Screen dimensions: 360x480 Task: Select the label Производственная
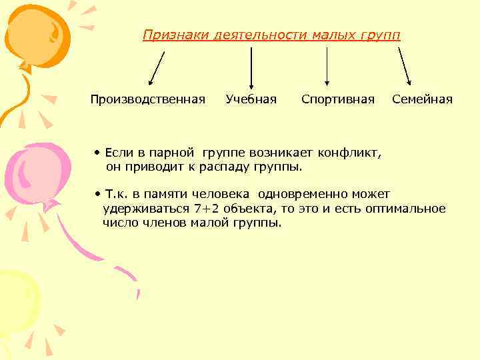(148, 100)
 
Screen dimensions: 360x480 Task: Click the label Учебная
(251, 100)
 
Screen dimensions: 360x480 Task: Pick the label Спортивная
(338, 100)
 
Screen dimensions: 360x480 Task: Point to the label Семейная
(422, 100)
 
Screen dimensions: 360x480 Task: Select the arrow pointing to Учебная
(251, 67)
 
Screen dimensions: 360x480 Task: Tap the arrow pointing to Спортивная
(327, 67)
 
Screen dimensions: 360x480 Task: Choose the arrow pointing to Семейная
(404, 67)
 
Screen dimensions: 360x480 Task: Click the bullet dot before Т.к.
(97, 195)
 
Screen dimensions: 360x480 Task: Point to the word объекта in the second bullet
(247, 209)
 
